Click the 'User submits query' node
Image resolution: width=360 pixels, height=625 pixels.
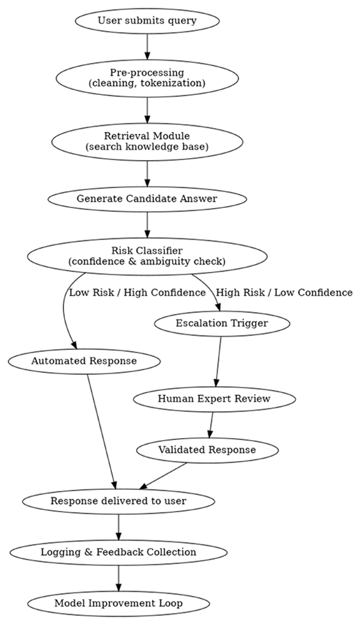click(x=147, y=21)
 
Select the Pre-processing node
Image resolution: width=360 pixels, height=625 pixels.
click(x=147, y=78)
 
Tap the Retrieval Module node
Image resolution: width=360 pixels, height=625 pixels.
click(x=147, y=142)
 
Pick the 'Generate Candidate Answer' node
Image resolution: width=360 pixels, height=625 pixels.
click(x=147, y=199)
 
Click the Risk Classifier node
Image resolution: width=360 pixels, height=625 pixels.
click(x=147, y=256)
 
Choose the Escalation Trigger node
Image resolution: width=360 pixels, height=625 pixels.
click(x=222, y=323)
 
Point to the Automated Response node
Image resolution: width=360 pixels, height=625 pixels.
click(x=84, y=361)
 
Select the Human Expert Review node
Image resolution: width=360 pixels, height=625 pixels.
click(x=214, y=399)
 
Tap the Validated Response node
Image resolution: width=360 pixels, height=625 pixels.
click(x=207, y=450)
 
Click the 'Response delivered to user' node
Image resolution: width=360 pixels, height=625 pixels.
click(x=119, y=501)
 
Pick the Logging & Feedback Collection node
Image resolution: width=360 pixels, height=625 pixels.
click(x=119, y=552)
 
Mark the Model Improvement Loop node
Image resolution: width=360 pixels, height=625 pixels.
click(x=119, y=603)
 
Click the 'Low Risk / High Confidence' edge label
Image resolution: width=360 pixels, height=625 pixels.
click(x=137, y=292)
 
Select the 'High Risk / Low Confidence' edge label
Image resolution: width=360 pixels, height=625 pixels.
click(x=284, y=292)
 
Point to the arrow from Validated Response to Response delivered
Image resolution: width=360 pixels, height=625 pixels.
click(x=163, y=476)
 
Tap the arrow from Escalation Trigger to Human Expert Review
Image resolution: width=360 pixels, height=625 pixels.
click(x=218, y=361)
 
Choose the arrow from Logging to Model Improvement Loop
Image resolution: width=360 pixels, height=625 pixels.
click(x=119, y=578)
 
